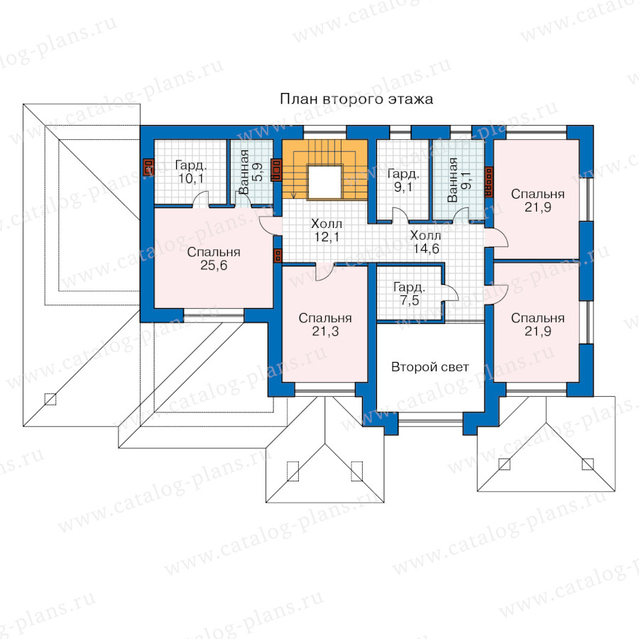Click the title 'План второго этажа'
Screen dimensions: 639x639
click(x=356, y=99)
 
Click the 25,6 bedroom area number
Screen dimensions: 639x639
click(x=214, y=266)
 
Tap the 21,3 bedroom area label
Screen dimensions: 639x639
click(x=325, y=332)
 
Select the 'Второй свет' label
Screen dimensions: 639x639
click(x=430, y=367)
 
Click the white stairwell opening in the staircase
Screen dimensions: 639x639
click(x=324, y=182)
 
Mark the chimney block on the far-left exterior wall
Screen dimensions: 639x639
click(x=148, y=167)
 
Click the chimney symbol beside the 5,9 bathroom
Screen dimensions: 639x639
click(x=276, y=170)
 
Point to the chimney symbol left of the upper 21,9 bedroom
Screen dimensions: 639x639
click(x=489, y=182)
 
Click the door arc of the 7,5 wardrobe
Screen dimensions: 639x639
click(x=449, y=292)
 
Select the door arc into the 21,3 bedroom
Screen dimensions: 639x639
click(x=324, y=272)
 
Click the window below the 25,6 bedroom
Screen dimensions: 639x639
click(x=214, y=315)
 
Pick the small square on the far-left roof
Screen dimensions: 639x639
click(x=50, y=399)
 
